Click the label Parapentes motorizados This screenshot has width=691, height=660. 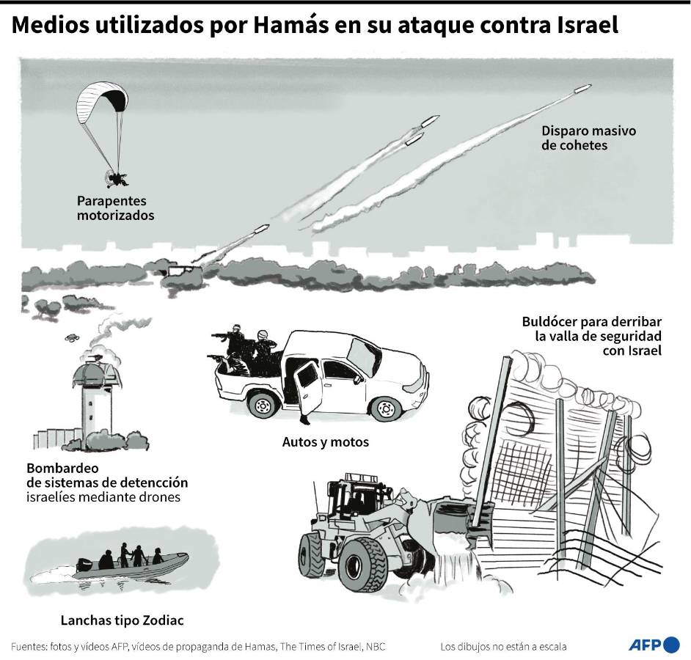(x=115, y=208)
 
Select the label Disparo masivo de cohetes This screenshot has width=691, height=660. (x=588, y=139)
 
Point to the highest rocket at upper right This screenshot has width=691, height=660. (x=582, y=89)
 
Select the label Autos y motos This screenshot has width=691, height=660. (x=325, y=442)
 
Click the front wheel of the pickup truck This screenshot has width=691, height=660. (x=385, y=407)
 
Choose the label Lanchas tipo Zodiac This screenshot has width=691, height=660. (x=122, y=621)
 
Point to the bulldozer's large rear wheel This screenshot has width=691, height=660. (x=362, y=566)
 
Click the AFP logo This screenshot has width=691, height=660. (x=654, y=645)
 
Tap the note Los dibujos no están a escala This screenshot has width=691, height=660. (x=503, y=647)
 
